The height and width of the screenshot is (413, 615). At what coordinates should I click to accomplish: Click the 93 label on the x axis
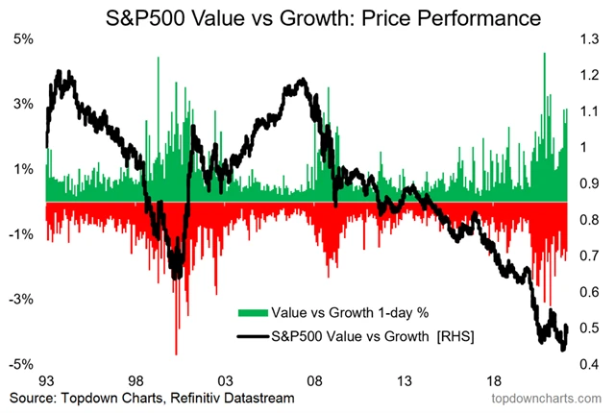tap(46, 379)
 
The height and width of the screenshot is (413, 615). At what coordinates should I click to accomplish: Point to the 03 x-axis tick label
tap(224, 379)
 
